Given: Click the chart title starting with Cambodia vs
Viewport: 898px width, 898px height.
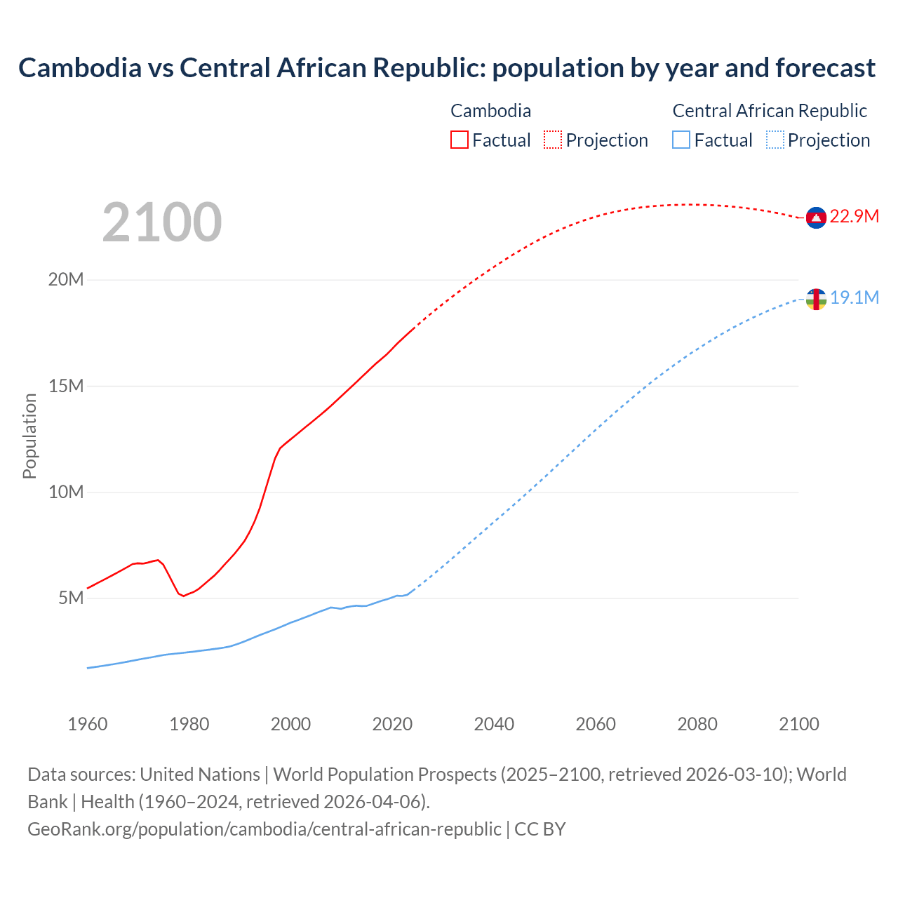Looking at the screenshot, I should (x=447, y=68).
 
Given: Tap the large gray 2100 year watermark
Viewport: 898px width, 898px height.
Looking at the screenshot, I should (x=162, y=222).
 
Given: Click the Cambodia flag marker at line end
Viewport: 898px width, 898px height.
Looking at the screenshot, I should (x=816, y=218).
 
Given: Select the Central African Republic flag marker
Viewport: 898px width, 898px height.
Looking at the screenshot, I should (x=816, y=299).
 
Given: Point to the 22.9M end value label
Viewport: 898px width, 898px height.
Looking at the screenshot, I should (x=854, y=216).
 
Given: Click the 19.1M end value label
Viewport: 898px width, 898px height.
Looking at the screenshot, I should (x=855, y=297).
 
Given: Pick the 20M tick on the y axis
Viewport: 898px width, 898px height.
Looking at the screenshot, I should (x=66, y=280).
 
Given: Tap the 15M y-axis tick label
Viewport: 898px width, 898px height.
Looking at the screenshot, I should (x=66, y=386).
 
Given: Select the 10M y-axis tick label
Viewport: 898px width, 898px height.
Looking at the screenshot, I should (x=66, y=492).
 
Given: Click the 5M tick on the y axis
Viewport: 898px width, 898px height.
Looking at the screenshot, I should (x=71, y=598).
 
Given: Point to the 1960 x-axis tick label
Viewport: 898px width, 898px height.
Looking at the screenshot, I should (x=88, y=724).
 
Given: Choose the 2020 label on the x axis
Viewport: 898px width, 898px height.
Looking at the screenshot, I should (x=392, y=724).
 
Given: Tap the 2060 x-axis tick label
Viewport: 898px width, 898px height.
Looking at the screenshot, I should (x=596, y=724).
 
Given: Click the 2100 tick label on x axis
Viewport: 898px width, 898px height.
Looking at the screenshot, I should (x=799, y=724).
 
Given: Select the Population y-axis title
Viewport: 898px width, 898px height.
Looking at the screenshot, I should (x=29, y=436).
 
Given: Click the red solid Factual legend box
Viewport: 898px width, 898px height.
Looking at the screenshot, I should (x=460, y=140).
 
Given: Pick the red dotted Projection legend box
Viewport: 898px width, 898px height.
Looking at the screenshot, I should (x=553, y=140).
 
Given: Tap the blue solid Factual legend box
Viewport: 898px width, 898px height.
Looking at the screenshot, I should (x=681, y=140).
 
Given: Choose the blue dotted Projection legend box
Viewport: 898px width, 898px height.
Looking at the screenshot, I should (x=775, y=140).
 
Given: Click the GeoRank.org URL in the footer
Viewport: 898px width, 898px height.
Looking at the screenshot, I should (x=264, y=829).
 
